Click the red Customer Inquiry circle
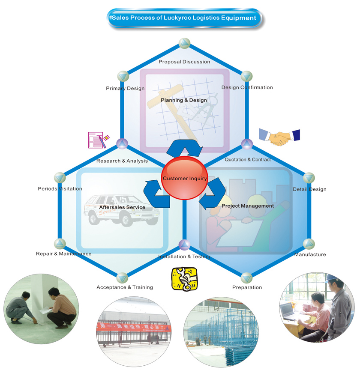point(184,178)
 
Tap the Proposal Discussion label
point(184,62)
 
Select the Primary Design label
point(125,89)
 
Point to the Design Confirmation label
point(247,87)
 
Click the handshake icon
point(279,137)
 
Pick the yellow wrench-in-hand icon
point(184,279)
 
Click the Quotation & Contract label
point(248,160)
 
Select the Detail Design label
point(309,189)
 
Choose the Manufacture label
point(310,254)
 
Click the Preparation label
point(247,287)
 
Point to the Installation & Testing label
point(184,257)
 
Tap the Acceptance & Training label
point(125,287)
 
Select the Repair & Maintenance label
point(63,254)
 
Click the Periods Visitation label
point(60,188)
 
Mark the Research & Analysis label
point(122,161)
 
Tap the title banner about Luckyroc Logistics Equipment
point(184,18)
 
